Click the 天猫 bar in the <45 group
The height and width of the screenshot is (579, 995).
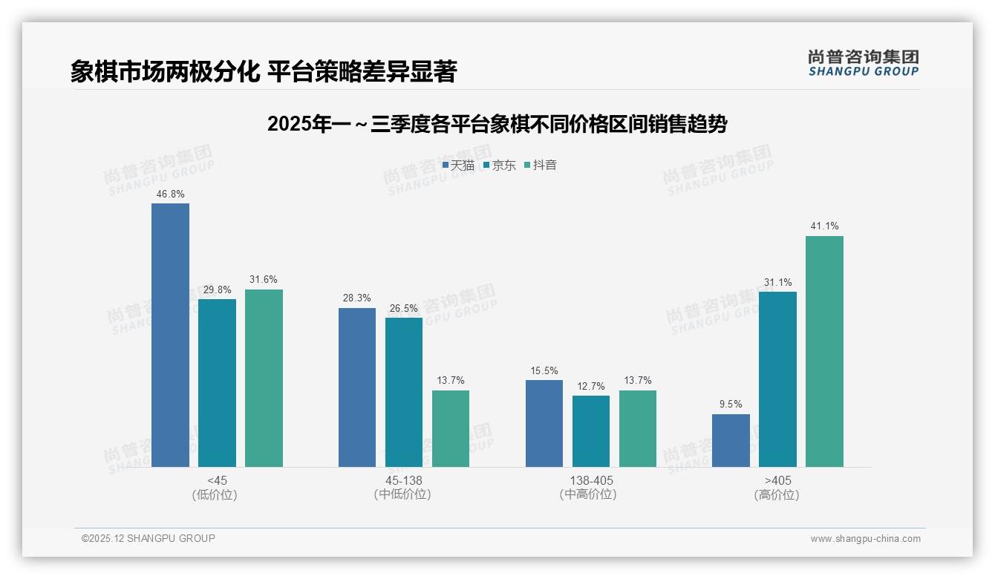170,335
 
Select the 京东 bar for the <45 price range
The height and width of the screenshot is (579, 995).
217,383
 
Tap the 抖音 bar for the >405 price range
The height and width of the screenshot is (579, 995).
824,351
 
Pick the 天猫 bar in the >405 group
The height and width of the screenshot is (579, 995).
731,440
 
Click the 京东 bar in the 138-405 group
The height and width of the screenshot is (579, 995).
591,431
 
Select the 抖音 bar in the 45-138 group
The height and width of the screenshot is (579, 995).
451,428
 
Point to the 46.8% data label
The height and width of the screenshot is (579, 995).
170,194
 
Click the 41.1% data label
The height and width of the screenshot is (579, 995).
824,226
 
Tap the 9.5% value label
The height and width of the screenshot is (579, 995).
731,405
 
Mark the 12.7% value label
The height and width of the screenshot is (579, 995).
591,386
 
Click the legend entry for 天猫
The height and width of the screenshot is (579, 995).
458,166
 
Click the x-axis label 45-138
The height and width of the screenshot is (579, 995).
403,480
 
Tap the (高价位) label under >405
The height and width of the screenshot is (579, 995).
777,494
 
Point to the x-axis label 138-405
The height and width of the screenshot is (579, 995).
590,480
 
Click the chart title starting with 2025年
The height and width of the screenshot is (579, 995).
497,124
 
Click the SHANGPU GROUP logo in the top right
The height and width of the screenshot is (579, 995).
863,63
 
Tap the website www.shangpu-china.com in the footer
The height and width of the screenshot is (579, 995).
865,539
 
